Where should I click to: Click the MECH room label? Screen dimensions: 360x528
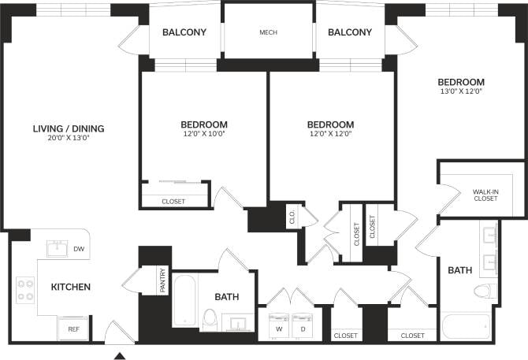(x=269, y=33)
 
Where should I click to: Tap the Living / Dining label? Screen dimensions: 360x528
(x=69, y=128)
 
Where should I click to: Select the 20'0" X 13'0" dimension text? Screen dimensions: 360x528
(x=69, y=138)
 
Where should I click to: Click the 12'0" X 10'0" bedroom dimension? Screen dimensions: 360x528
(x=204, y=133)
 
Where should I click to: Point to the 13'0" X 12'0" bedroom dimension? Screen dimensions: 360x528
(x=461, y=91)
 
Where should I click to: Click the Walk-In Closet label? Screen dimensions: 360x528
(x=485, y=195)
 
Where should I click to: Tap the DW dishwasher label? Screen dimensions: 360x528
(x=78, y=249)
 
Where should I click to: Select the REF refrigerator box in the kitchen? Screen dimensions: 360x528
(x=73, y=328)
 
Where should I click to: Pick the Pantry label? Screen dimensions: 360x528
(x=163, y=282)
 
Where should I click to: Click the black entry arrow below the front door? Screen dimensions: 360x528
(x=120, y=355)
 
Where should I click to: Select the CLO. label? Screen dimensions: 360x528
(x=291, y=217)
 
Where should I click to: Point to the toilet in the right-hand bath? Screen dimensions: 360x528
(x=483, y=292)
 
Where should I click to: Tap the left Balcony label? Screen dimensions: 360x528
(x=184, y=32)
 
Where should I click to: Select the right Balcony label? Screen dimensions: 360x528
(x=349, y=32)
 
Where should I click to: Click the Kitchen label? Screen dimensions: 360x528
(x=71, y=287)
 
